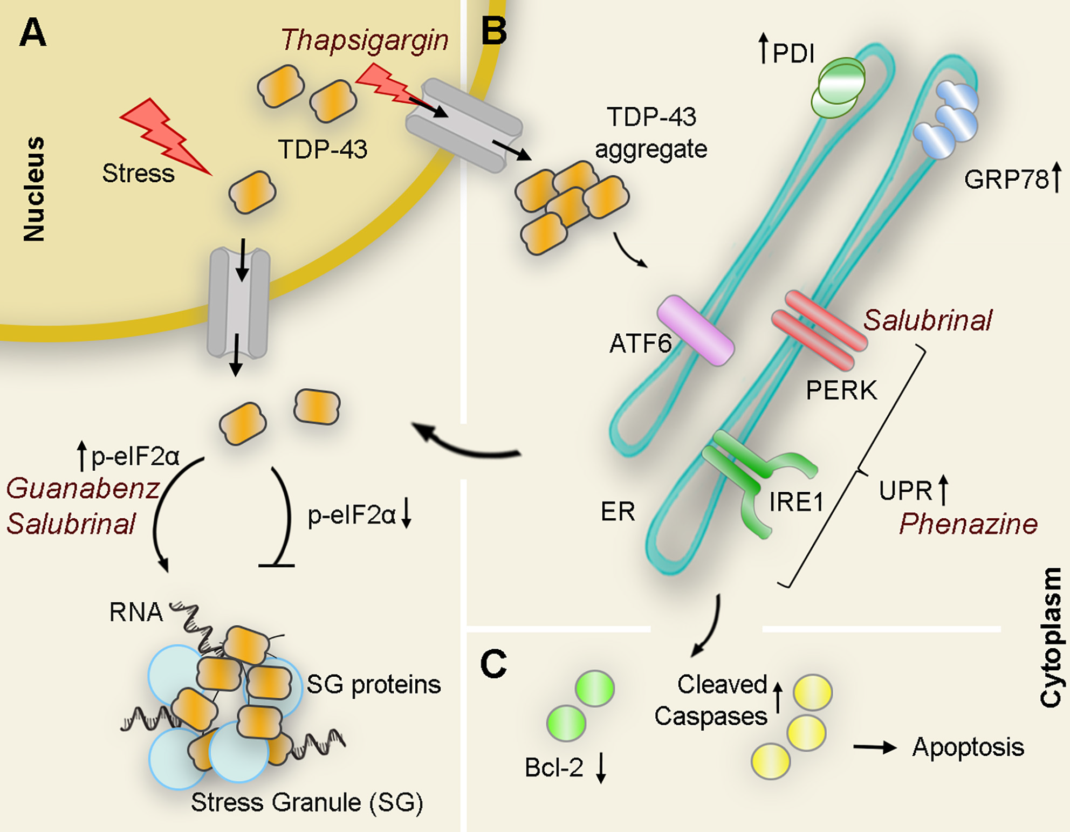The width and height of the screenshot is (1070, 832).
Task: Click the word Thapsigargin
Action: tap(365, 40)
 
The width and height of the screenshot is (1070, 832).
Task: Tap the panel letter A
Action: tap(32, 33)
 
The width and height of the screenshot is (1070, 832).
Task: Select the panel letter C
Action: tap(493, 664)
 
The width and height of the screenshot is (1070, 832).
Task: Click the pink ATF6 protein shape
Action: tap(695, 330)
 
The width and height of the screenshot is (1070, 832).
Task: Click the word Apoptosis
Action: tap(968, 747)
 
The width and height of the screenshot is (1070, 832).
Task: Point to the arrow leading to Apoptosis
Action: tap(874, 747)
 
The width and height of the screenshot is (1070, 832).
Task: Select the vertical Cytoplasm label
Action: tap(1050, 636)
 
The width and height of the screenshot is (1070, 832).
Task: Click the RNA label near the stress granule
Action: tap(135, 612)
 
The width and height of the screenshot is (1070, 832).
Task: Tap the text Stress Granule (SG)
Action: tap(307, 802)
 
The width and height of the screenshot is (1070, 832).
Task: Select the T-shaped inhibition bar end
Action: tap(276, 565)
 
